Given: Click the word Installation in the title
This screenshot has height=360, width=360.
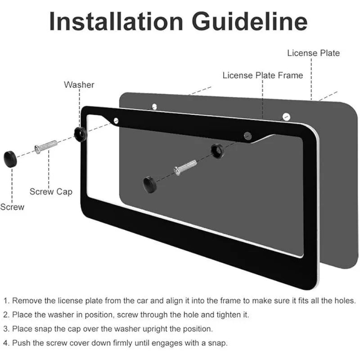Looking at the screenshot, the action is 116,21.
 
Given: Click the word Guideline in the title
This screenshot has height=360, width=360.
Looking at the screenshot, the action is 250,21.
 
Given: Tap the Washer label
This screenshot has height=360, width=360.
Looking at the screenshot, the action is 79,85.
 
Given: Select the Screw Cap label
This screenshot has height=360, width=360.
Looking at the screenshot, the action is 51,192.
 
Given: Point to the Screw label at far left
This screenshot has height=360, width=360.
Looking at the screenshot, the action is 12,207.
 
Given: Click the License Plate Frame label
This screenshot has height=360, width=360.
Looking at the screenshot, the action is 263,75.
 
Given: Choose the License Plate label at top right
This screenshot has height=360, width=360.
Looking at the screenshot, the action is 313,53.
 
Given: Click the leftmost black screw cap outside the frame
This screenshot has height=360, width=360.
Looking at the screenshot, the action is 10,159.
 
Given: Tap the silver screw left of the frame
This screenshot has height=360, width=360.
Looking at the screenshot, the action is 46,147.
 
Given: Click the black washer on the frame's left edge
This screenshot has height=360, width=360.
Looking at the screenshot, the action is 81,134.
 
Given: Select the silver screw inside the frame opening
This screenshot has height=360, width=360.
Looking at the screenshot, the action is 185,167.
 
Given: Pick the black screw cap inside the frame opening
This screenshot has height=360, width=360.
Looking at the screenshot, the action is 150,184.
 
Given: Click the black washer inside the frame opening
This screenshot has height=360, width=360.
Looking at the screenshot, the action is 217,151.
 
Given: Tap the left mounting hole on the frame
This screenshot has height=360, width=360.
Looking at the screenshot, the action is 116,121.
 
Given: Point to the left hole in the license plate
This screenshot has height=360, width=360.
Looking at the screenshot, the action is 154,107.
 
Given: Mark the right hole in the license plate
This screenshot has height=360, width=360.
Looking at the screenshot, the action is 286,117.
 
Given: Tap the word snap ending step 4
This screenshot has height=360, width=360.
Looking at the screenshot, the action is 218,343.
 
